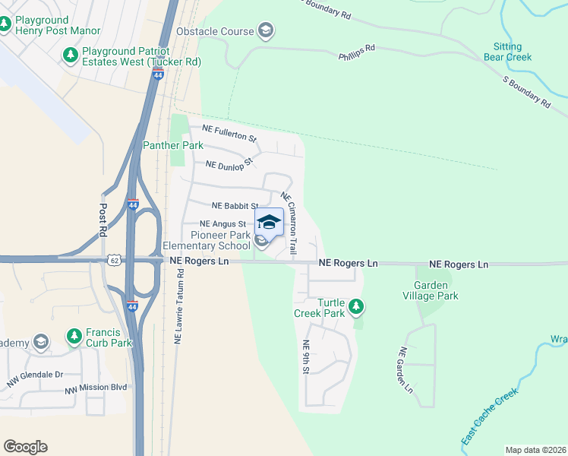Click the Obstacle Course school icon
(x=265, y=31)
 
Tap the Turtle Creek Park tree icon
(x=356, y=307)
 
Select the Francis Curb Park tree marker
(x=74, y=335)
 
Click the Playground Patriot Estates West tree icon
(x=71, y=55)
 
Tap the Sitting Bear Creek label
(x=508, y=51)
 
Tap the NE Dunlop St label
(x=229, y=163)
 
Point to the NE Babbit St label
(x=235, y=205)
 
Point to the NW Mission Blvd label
(x=95, y=389)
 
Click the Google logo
(x=25, y=446)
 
